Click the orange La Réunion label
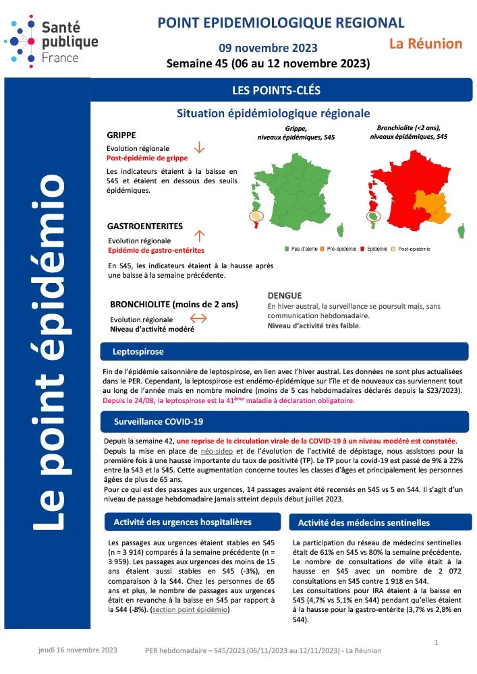pos(426,44)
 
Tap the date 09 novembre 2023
pos(269,49)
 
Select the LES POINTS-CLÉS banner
pos(276,89)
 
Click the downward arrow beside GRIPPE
pos(199,148)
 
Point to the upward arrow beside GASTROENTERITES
pos(199,235)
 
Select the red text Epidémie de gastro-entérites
pos(156,250)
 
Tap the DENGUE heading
pos(284,295)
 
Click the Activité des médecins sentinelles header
pos(363,522)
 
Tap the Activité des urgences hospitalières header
pos(182,522)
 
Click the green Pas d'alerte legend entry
pos(302,249)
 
